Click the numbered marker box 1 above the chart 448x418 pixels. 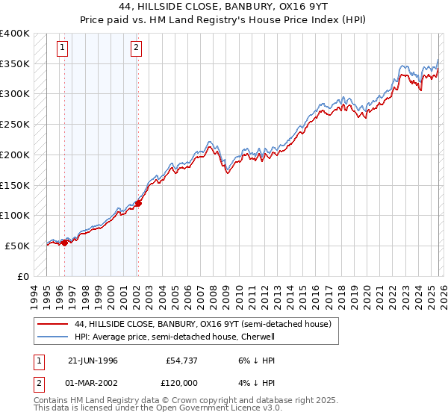tap(62, 49)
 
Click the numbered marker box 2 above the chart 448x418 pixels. tap(136, 49)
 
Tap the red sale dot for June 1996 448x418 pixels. tap(65, 242)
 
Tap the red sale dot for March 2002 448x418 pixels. tap(138, 203)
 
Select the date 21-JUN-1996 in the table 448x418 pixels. tap(93, 361)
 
